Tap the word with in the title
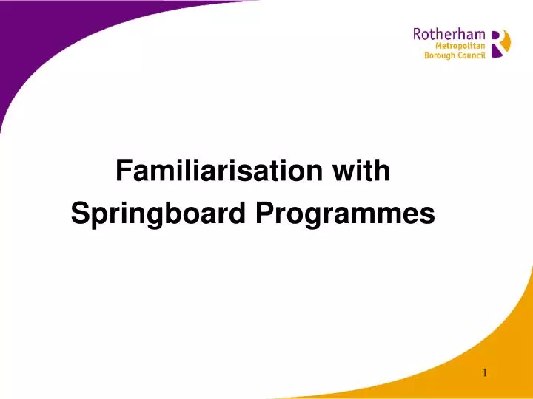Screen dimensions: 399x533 361,171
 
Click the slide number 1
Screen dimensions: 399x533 485,373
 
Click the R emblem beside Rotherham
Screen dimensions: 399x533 500,43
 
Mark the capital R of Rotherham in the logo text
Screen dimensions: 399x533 418,34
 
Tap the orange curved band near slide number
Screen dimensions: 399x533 444,381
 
